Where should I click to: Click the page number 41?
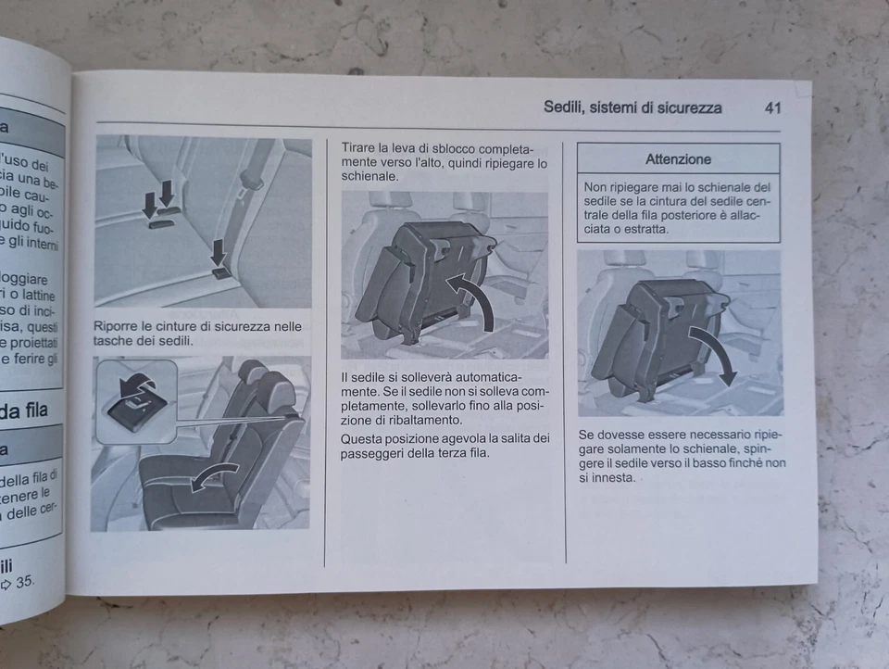pyautogui.click(x=772, y=107)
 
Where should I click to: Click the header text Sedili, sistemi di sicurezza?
pyautogui.click(x=632, y=107)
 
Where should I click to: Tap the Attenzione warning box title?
pyautogui.click(x=678, y=158)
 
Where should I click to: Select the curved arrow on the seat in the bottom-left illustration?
pyautogui.click(x=214, y=476)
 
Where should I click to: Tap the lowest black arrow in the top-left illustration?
pyautogui.click(x=219, y=254)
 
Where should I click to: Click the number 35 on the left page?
pyautogui.click(x=24, y=583)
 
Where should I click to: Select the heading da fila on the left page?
pyautogui.click(x=24, y=410)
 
